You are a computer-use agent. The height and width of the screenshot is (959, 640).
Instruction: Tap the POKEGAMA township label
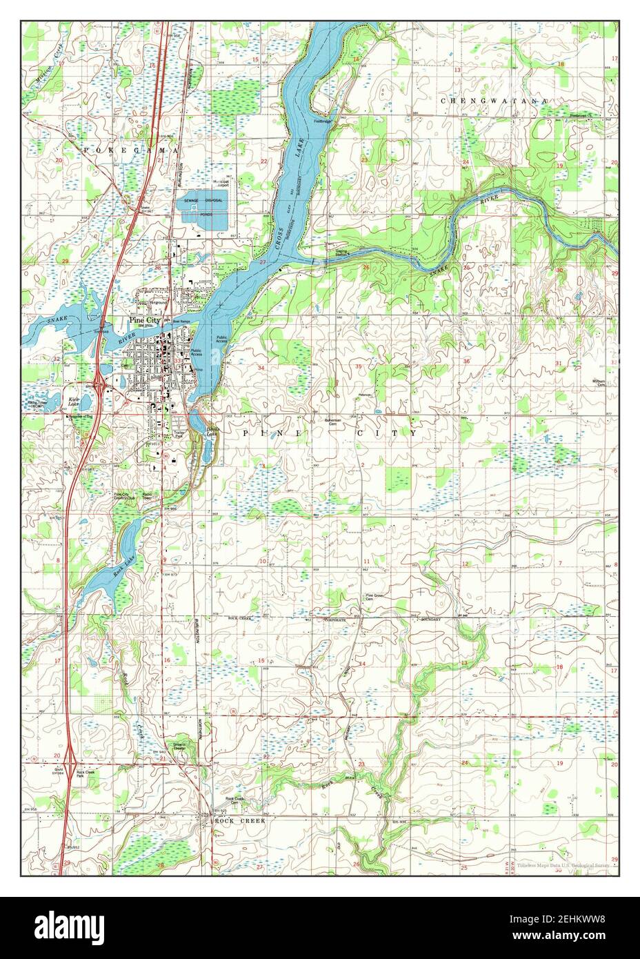(131, 150)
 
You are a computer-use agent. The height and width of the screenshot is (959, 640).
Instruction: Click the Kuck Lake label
(72, 402)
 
